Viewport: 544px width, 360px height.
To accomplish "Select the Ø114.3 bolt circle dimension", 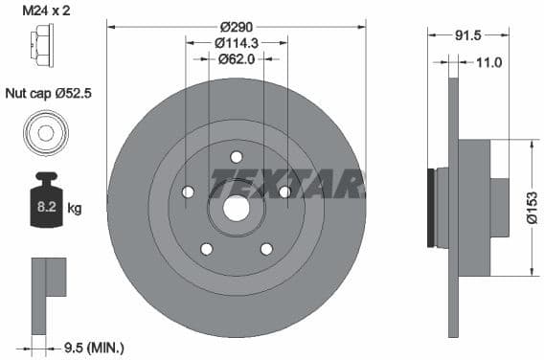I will pyautogui.click(x=237, y=42).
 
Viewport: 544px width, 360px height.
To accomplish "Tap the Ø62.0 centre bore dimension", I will pyautogui.click(x=237, y=58).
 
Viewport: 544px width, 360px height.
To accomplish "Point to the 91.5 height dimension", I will pyautogui.click(x=468, y=35).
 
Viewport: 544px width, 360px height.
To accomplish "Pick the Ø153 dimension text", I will pyautogui.click(x=533, y=207).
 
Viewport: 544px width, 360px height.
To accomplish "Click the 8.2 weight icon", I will pyautogui.click(x=45, y=205).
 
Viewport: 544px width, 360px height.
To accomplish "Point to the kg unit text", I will pyautogui.click(x=74, y=207).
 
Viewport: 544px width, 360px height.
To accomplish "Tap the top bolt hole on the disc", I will pyautogui.click(x=237, y=157).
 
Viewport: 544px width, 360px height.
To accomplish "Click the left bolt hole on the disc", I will pyautogui.click(x=188, y=192).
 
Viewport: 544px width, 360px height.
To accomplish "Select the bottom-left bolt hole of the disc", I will pyautogui.click(x=206, y=249).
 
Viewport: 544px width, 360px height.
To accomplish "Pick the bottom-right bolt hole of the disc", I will pyautogui.click(x=266, y=249).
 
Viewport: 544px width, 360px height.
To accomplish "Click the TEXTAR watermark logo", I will pyautogui.click(x=287, y=181).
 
